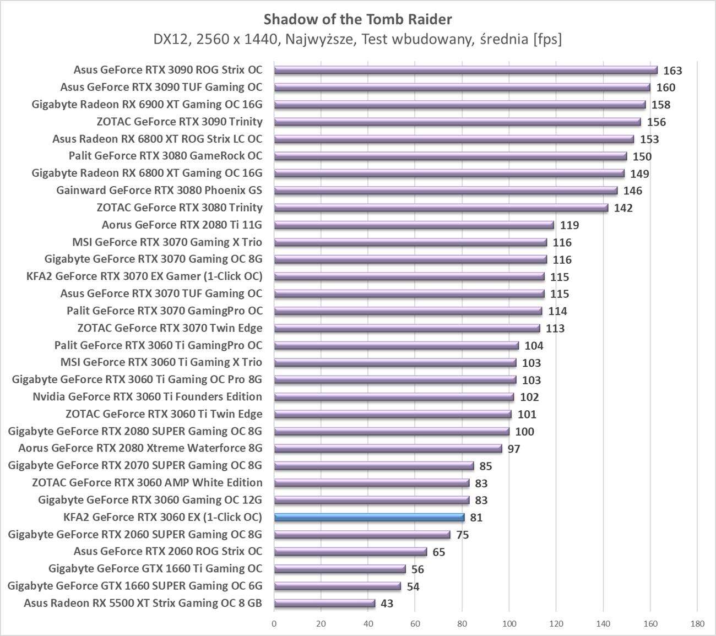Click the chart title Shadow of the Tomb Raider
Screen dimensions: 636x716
pos(357,19)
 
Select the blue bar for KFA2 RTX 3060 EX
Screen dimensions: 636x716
pos(369,518)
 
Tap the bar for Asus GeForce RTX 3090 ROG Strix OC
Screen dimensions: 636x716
pos(465,70)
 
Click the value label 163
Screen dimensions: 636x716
pos(672,70)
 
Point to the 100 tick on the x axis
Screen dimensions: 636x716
pos(509,624)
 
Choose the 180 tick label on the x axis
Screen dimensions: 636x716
pos(697,624)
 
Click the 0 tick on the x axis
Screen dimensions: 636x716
pos(274,624)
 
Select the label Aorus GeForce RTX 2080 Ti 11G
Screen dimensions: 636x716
pos(182,225)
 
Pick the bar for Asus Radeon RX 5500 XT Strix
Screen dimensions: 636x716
pos(324,604)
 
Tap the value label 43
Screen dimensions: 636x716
pos(387,604)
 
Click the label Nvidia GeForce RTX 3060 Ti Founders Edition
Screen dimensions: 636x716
pos(147,396)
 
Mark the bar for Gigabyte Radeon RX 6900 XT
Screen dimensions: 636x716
pos(460,105)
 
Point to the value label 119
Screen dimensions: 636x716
pos(569,225)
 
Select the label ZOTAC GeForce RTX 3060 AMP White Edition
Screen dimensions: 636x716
pos(147,482)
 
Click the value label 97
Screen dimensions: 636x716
pos(513,449)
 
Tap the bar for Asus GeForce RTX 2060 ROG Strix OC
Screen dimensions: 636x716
pos(350,552)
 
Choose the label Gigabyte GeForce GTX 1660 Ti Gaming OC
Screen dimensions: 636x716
pos(155,568)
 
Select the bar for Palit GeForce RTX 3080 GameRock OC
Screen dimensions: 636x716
pos(451,156)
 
